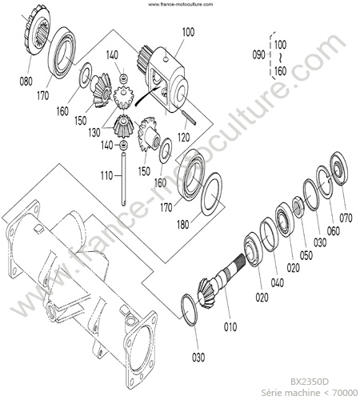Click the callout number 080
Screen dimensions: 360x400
26,81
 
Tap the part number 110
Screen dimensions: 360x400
106,176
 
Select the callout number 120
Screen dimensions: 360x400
184,138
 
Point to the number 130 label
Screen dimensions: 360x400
94,133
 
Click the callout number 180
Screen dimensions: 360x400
183,225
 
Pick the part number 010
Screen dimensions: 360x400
230,326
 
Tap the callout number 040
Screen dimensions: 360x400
278,282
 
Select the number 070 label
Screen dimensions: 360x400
346,218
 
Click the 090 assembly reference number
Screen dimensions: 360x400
258,55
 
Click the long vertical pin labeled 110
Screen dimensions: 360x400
124,178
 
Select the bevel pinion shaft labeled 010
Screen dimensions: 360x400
222,280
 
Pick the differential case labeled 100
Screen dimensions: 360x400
163,78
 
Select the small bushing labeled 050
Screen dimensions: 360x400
298,207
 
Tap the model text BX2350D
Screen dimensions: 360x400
310,382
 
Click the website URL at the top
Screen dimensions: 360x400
181,4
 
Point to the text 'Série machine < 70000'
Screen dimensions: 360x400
310,393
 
